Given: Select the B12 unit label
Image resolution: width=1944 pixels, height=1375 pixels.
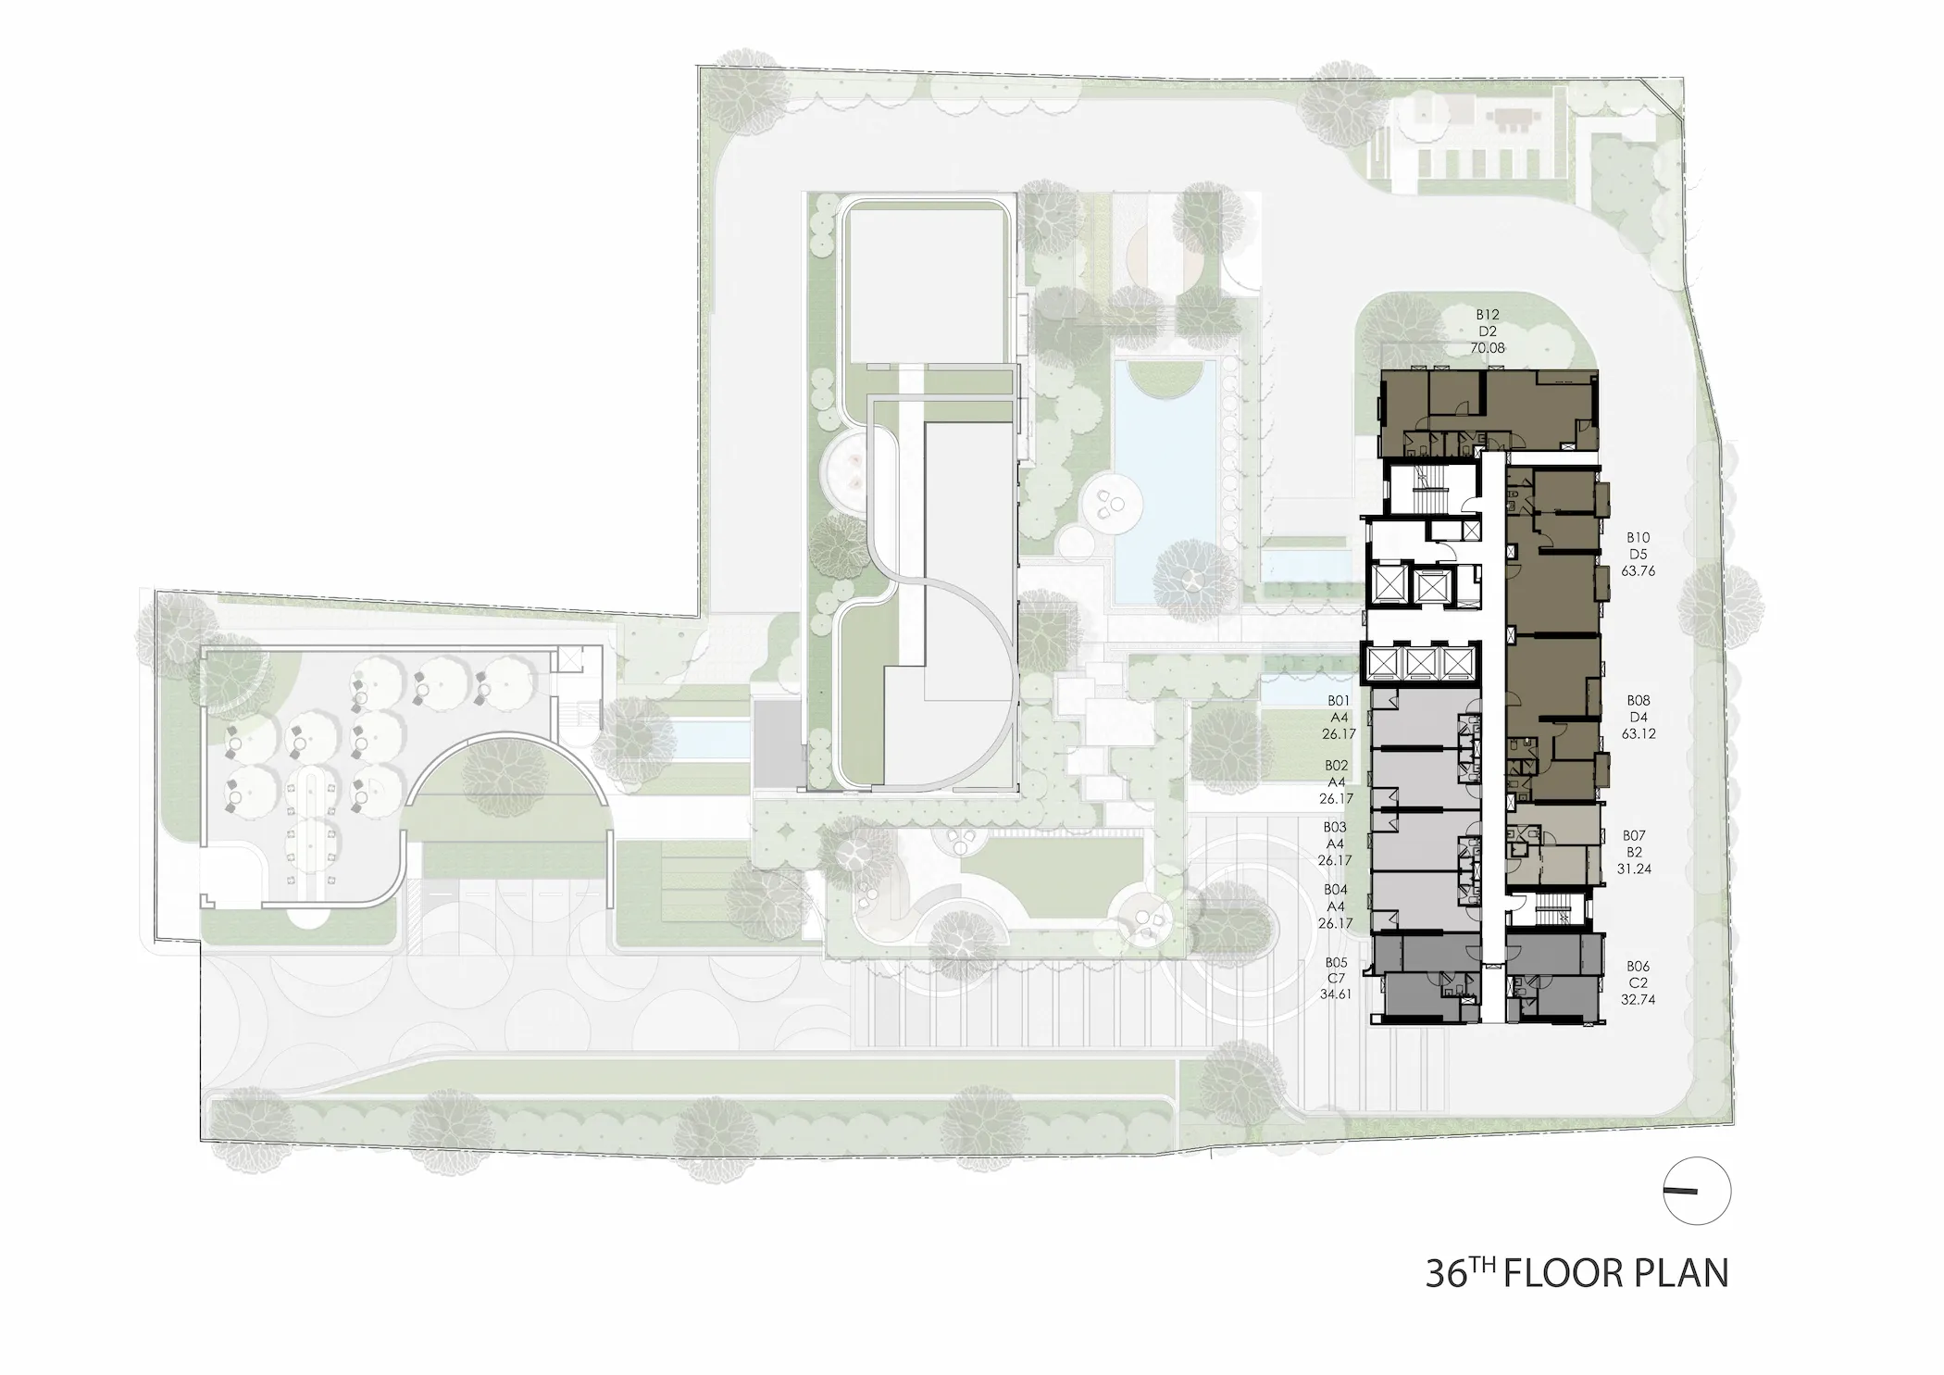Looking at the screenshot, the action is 1488,316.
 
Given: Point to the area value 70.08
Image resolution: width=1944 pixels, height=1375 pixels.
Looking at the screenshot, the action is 1488,349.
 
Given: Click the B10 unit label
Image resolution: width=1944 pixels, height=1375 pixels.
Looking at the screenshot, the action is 1638,538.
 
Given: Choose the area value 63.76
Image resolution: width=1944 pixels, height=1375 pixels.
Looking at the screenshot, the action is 1638,571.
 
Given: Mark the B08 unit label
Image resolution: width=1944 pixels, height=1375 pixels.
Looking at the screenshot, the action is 1638,701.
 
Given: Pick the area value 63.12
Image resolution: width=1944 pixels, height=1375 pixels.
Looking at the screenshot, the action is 1638,734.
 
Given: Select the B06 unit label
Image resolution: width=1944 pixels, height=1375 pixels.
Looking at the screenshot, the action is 1638,967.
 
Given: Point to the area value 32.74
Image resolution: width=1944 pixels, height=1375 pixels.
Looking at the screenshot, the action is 1638,1000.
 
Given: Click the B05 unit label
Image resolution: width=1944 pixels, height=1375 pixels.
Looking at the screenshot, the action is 1335,962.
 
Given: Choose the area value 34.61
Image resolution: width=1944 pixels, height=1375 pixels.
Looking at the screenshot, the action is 1335,995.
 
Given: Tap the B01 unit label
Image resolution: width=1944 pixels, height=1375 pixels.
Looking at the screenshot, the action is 1338,701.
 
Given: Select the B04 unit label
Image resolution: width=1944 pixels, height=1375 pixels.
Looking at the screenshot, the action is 1335,890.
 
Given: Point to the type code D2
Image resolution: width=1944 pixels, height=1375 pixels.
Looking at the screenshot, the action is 1488,332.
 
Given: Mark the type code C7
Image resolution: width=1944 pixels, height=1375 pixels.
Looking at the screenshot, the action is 1335,979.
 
